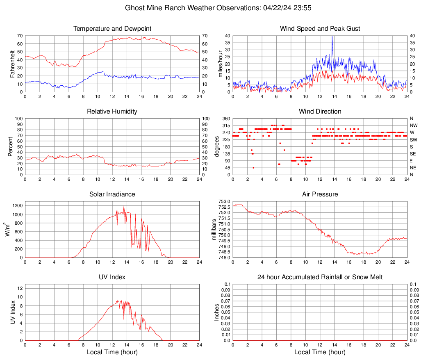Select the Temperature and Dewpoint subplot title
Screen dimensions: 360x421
click(112, 29)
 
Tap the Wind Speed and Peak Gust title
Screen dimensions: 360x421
click(320, 29)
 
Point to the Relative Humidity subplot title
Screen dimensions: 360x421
click(112, 112)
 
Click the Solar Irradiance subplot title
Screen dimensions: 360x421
click(112, 194)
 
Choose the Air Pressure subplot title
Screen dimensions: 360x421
click(320, 194)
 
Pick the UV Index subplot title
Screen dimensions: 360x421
click(112, 277)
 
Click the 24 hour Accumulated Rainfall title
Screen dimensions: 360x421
click(320, 277)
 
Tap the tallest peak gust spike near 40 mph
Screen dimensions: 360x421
click(332, 37)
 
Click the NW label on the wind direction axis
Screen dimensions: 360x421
click(413, 125)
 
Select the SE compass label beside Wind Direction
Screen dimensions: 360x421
click(413, 154)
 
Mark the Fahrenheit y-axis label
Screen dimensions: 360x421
click(13, 64)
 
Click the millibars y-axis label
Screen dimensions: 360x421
click(214, 229)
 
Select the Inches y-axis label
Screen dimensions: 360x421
click(217, 312)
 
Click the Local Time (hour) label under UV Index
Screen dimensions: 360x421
click(112, 352)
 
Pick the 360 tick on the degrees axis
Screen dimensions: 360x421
click(226, 118)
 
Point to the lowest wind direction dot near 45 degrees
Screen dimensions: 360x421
click(253, 168)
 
